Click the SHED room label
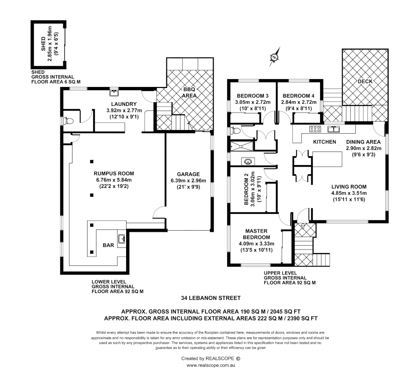[x=43, y=44]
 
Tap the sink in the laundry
[x=114, y=93]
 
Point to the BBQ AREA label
[x=189, y=93]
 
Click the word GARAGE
[x=188, y=174]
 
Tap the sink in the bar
[x=121, y=238]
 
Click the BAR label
[x=108, y=245]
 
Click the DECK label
[x=365, y=81]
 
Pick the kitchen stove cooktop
[x=314, y=129]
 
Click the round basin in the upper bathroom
[x=247, y=162]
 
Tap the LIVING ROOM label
[x=349, y=187]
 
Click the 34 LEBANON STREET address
[x=211, y=298]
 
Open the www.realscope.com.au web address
[x=210, y=365]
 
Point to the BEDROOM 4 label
[x=299, y=96]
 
